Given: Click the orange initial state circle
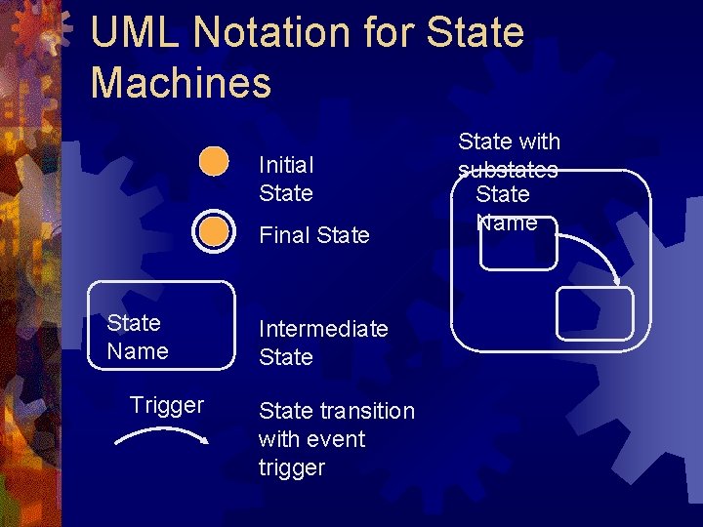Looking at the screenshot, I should (x=214, y=161).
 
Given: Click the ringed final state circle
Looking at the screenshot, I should (x=214, y=232).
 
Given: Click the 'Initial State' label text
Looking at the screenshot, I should (x=286, y=180).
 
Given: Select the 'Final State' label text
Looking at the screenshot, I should (x=314, y=235).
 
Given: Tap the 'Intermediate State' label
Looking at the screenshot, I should (x=323, y=344).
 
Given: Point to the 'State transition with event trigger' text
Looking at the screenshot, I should (x=336, y=439).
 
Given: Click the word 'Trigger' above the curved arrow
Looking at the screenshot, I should (x=167, y=405).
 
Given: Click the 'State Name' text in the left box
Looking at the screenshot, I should (x=138, y=337).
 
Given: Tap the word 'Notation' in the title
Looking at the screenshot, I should (x=257, y=33).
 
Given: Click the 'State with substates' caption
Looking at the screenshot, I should (x=509, y=155).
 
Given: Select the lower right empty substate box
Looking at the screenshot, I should (x=594, y=314).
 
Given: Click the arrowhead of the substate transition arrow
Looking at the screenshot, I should (x=617, y=282).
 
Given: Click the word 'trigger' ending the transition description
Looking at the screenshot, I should (x=291, y=467).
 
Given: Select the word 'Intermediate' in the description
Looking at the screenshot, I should (x=323, y=329).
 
